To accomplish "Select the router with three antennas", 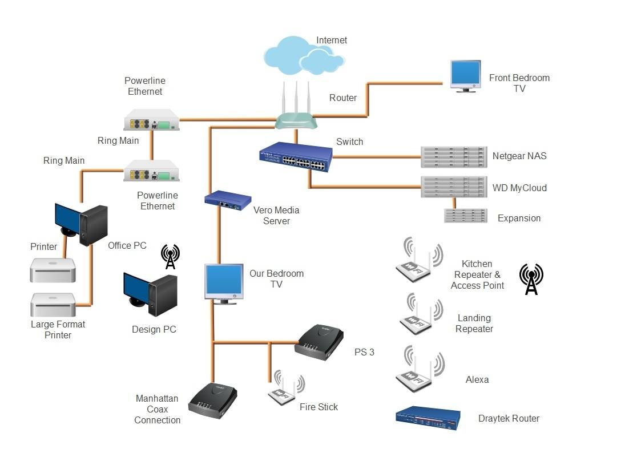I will point(296,114).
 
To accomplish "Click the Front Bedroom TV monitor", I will point(465,75).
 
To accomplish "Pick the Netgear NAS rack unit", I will point(454,156).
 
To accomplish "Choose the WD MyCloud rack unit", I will point(454,187).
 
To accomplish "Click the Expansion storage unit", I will point(465,216).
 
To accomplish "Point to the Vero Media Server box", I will point(228,200).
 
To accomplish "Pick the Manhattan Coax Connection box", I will point(212,400).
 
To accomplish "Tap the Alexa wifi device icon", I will point(420,369).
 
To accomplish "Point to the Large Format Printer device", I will point(53,306).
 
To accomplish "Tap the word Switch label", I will point(349,141).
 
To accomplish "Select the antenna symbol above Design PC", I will point(170,257).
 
